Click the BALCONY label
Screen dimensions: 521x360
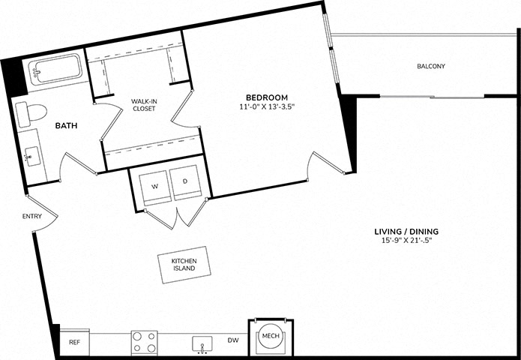click(431, 66)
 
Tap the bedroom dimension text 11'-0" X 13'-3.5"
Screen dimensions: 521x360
click(267, 106)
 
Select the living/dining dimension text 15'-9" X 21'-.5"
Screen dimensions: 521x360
click(407, 241)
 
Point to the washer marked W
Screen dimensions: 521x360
click(155, 187)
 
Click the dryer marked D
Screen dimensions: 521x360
click(185, 182)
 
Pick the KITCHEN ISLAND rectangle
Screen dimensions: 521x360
click(184, 265)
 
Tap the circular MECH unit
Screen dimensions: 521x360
click(271, 336)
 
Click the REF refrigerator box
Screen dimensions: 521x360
click(75, 343)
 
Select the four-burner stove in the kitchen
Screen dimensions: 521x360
click(144, 343)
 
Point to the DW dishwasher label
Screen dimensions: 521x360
click(233, 340)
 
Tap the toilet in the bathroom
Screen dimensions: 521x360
click(31, 113)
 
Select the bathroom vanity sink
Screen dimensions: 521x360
click(32, 156)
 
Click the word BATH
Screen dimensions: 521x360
click(66, 126)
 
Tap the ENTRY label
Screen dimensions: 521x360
click(32, 217)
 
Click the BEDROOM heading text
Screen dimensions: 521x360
click(267, 97)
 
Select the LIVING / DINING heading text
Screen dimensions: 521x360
click(407, 231)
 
